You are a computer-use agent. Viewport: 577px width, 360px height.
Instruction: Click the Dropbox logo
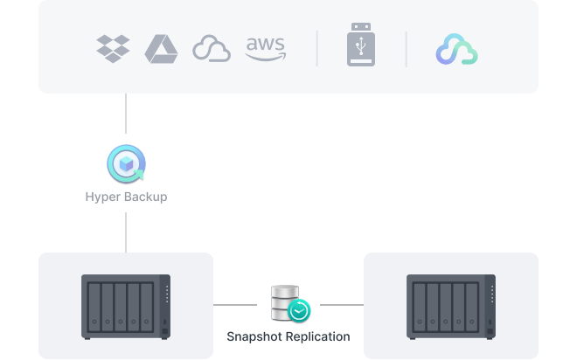pyautogui.click(x=113, y=49)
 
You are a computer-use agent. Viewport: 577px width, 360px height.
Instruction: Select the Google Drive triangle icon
pyautogui.click(x=162, y=49)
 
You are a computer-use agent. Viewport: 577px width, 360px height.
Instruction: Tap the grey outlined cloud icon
pyautogui.click(x=212, y=49)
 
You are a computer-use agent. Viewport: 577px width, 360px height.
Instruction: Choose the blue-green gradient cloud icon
pyautogui.click(x=456, y=50)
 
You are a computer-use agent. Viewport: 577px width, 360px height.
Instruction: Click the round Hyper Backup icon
pyautogui.click(x=126, y=164)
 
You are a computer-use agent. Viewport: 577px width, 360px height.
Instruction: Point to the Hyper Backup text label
pyautogui.click(x=126, y=197)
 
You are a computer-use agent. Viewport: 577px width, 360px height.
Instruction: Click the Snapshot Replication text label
pyautogui.click(x=288, y=336)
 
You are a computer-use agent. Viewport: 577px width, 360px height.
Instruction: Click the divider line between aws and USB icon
pyautogui.click(x=316, y=49)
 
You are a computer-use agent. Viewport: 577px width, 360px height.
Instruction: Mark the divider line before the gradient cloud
pyautogui.click(x=407, y=49)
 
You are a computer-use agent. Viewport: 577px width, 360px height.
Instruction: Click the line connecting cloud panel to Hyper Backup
pyautogui.click(x=126, y=118)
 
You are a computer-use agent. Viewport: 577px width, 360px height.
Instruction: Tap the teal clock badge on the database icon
pyautogui.click(x=300, y=311)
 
